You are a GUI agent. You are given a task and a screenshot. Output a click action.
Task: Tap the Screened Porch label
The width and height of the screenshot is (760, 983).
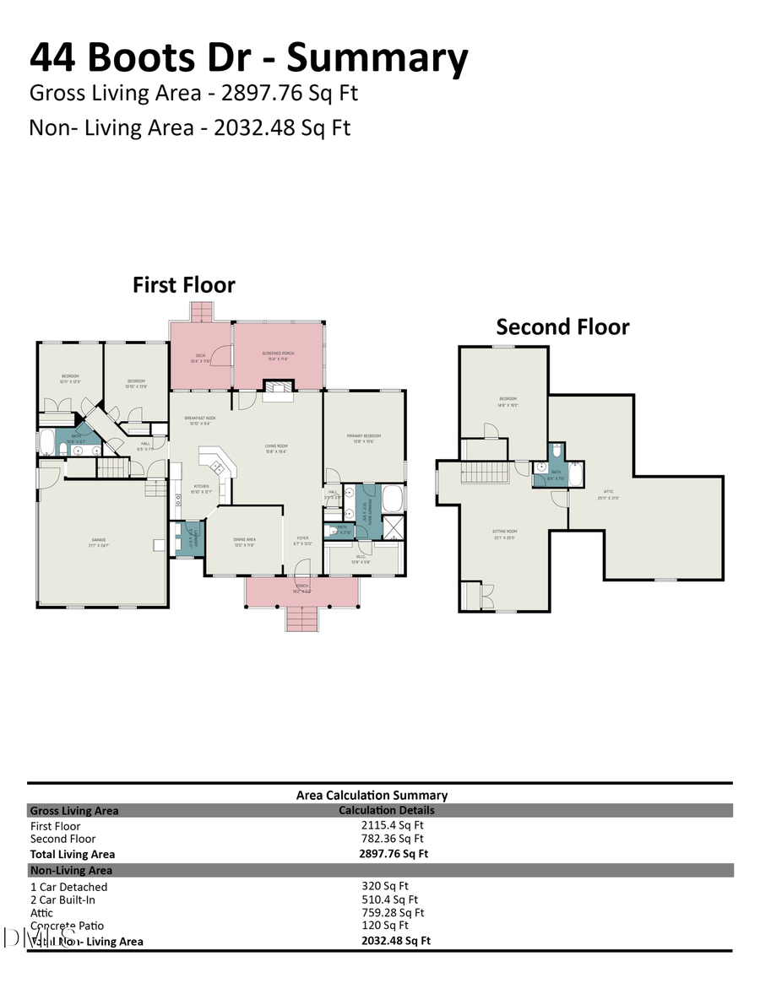[278, 356]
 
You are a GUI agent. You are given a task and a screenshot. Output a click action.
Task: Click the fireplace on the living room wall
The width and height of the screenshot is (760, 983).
[277, 388]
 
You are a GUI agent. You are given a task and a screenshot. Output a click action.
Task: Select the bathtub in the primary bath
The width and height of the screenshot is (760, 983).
[394, 498]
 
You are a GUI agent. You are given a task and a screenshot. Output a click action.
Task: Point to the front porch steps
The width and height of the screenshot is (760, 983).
[301, 619]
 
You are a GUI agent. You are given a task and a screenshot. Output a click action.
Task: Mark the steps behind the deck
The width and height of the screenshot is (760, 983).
[203, 313]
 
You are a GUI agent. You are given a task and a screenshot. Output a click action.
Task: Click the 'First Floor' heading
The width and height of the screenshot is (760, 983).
[183, 285]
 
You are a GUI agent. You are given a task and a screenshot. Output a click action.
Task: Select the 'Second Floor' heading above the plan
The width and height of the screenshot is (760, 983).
[562, 327]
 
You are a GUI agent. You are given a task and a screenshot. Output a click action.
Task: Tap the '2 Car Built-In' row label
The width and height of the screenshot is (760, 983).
[68, 899]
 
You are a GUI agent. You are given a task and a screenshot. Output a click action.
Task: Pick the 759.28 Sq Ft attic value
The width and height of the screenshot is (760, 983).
[393, 912]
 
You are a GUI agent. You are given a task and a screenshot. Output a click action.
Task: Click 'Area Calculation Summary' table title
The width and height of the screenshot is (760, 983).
[372, 795]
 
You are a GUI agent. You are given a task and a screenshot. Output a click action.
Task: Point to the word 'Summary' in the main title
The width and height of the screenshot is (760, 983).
[377, 58]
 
